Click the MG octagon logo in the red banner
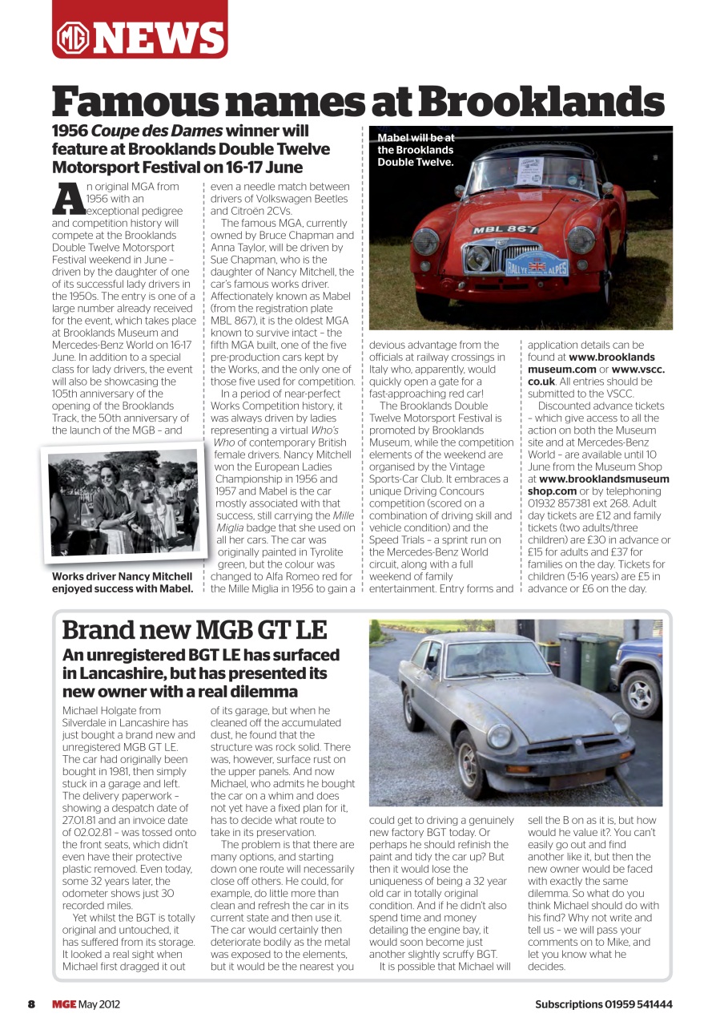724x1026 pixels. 73,38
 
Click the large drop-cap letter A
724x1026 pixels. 70,197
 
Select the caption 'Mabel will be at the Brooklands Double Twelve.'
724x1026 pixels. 416,150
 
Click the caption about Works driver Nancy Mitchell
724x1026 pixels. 122,583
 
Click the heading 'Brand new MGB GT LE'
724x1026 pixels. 194,630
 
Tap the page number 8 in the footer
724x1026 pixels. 31,1004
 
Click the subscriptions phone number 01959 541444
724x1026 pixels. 632,1004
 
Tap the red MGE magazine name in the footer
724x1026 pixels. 64,1004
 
